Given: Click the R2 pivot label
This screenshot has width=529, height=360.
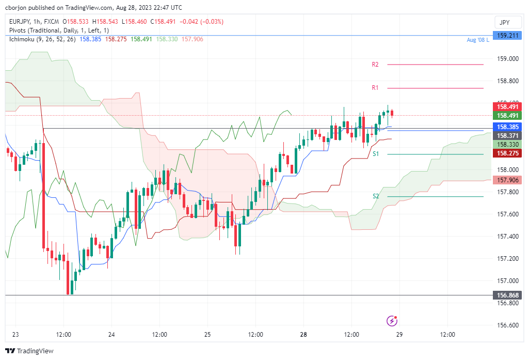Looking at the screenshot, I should point(375,65).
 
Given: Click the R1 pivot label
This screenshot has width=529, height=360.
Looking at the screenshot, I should point(375,88).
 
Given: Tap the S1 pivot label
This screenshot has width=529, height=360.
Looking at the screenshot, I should point(376,154).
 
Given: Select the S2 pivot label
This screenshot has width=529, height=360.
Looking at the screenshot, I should point(376,196).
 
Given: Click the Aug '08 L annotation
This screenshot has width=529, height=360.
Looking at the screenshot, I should point(477,40).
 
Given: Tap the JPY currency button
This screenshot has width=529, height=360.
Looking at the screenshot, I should point(505,22).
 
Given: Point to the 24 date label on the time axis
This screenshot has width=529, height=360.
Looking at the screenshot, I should point(111,335).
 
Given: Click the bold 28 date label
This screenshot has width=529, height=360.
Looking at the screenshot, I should point(303,335).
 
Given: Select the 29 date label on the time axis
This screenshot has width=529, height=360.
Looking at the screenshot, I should point(399,335).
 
